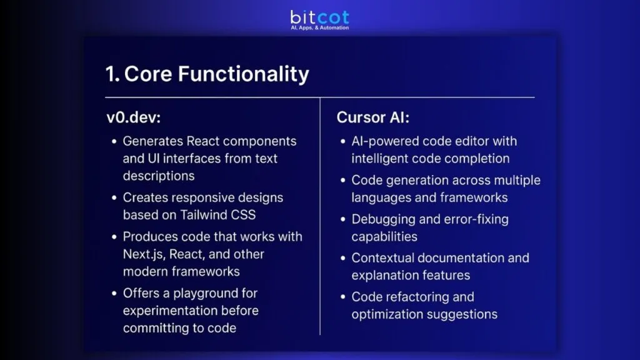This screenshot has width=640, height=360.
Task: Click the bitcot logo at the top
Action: pos(319,17)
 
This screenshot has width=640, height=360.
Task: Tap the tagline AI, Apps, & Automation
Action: pos(319,28)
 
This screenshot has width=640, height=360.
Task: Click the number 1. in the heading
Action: pos(112,74)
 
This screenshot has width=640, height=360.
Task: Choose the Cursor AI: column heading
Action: pos(372,117)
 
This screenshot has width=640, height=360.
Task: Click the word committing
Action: pos(158,328)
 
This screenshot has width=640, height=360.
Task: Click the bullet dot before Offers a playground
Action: pos(114,294)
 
